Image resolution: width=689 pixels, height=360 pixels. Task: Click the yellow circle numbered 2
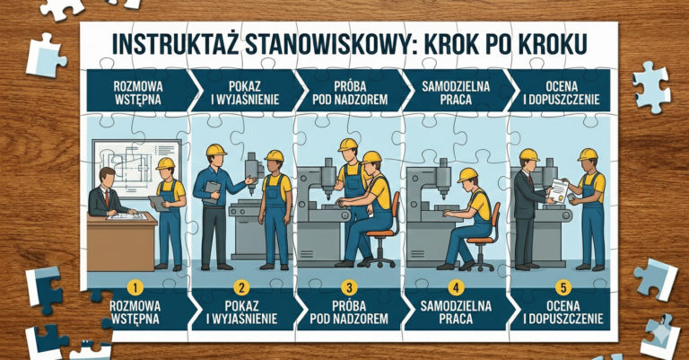click(x=241, y=288)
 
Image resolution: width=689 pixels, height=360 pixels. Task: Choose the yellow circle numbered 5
click(x=562, y=288)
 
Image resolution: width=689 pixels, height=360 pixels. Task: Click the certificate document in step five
click(x=558, y=189)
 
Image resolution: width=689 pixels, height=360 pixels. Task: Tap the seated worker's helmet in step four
click(x=467, y=175)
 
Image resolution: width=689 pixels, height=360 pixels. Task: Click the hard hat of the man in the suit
click(x=529, y=154)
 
